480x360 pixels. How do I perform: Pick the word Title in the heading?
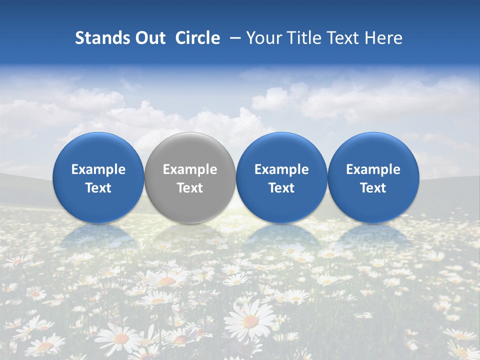click(304, 38)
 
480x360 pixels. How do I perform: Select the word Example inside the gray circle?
click(190, 169)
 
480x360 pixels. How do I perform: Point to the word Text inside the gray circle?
click(190, 188)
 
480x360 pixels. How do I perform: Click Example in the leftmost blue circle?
click(98, 169)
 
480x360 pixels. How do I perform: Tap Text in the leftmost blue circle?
click(98, 188)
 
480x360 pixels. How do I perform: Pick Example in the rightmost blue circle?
click(373, 169)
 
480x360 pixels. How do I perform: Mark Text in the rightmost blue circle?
click(373, 188)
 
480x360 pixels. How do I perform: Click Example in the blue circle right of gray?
click(281, 169)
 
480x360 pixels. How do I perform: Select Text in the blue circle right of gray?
click(281, 188)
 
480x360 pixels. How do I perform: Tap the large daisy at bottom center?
click(250, 320)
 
